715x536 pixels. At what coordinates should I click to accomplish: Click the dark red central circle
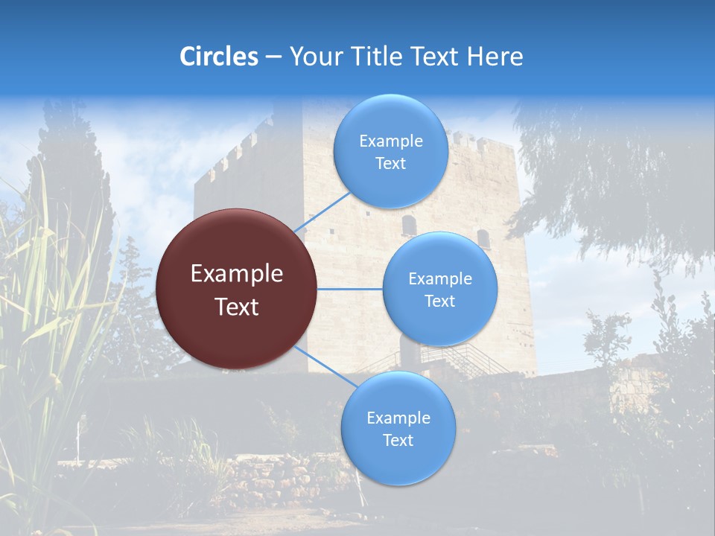[237, 289]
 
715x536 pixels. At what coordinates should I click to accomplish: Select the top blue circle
[390, 151]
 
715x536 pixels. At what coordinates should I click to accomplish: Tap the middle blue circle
[439, 289]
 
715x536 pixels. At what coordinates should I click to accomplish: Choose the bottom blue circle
[398, 428]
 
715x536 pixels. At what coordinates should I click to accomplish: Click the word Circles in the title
[219, 57]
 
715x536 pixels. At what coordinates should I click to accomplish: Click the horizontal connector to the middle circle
[350, 289]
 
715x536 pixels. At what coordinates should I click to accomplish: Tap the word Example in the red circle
[237, 274]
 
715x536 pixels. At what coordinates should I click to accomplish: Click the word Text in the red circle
[237, 307]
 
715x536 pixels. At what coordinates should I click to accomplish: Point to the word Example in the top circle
[391, 141]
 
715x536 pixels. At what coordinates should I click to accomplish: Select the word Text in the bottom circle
[398, 440]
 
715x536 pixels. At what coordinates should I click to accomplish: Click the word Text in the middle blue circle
[439, 301]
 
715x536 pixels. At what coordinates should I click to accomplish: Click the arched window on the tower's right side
[483, 237]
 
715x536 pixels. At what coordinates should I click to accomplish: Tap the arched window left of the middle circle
[409, 225]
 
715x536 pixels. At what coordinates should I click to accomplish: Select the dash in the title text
[273, 57]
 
